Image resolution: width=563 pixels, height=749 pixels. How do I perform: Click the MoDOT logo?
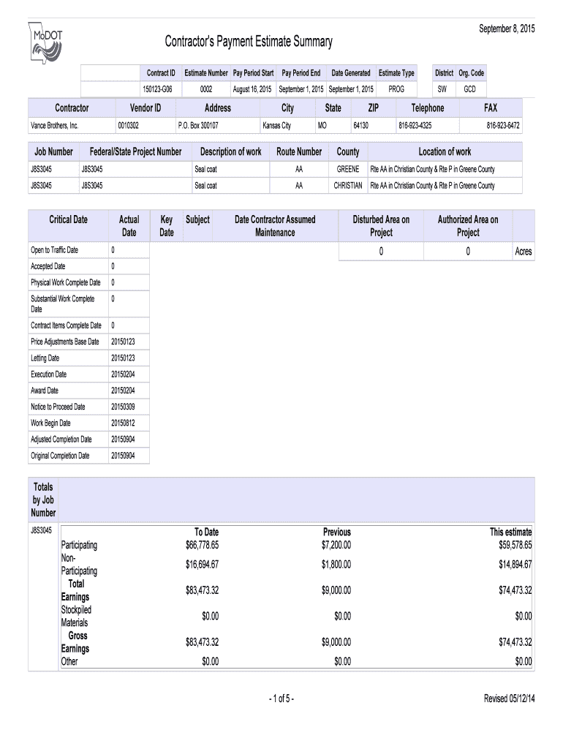45,45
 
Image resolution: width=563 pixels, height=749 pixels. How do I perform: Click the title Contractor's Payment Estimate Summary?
248,42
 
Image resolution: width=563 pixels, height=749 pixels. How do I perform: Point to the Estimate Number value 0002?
206,89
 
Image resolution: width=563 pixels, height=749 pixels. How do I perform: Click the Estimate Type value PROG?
396,89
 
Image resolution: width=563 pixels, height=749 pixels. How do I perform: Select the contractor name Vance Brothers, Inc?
54,126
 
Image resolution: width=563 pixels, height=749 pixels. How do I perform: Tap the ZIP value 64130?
360,126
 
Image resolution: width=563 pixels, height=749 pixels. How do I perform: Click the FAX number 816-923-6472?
503,126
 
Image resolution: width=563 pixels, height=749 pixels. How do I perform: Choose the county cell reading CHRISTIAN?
348,186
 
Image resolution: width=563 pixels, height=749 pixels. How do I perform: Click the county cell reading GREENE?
348,169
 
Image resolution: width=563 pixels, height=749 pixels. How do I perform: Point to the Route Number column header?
299,152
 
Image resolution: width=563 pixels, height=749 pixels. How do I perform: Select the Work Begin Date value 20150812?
123,423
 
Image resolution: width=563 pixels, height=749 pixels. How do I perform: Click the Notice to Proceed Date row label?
58,407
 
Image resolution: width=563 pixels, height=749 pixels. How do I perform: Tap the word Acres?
523,252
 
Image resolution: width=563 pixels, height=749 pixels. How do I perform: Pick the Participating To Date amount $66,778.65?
203,545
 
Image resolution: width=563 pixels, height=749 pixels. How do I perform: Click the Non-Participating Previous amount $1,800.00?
336,565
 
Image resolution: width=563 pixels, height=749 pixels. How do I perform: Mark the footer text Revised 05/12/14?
510,699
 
